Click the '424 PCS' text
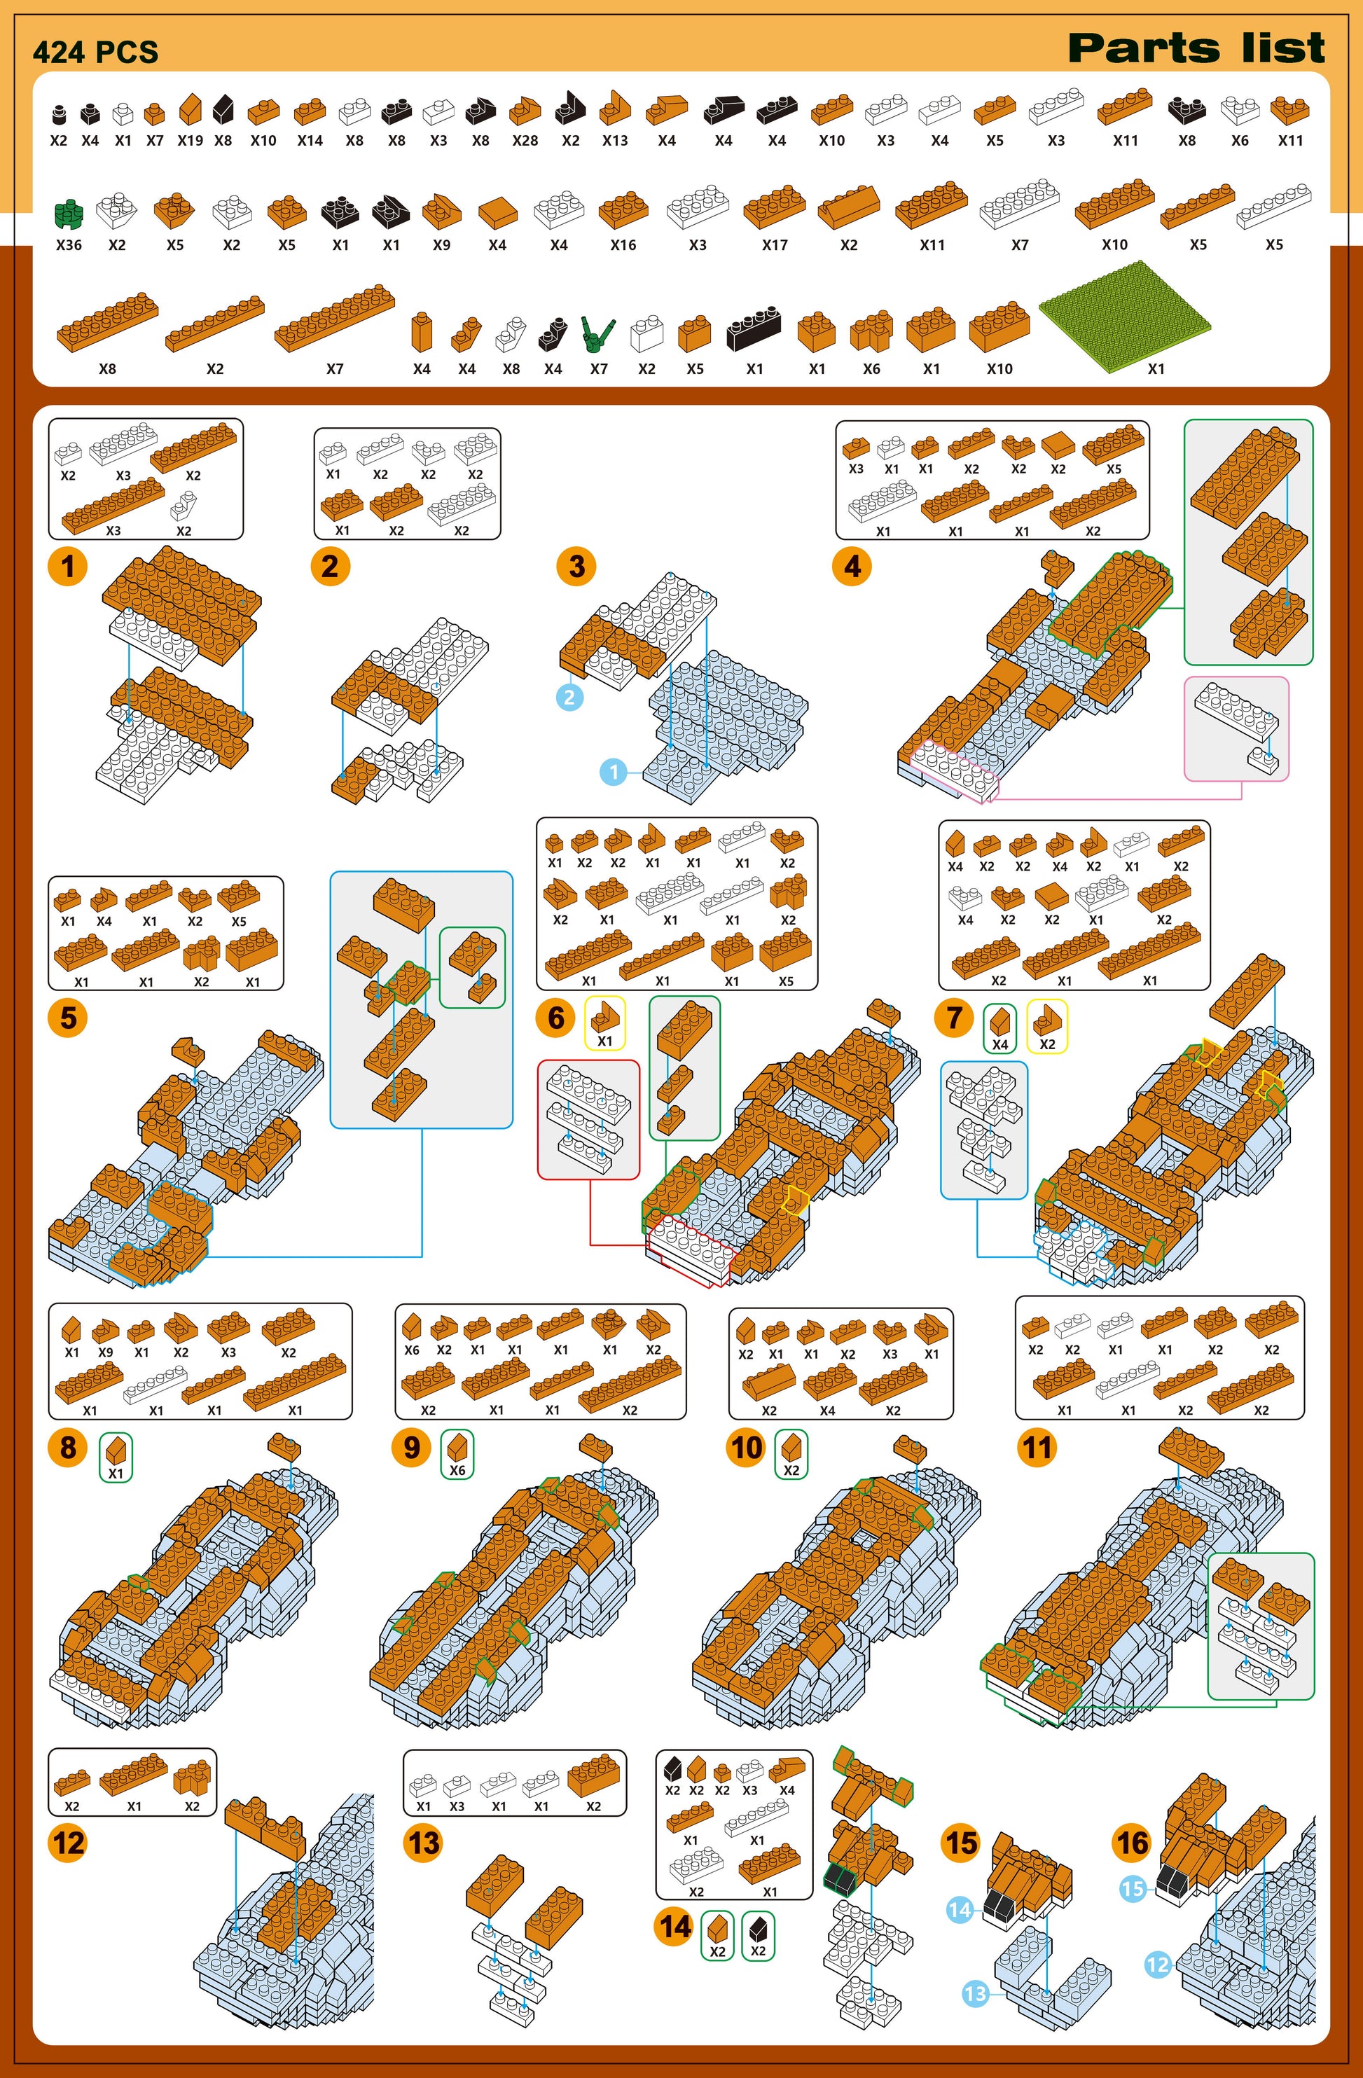pos(95,53)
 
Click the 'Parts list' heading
pos(1196,48)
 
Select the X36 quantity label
pos(69,245)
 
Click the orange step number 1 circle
pos(68,566)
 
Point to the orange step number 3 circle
pos(576,566)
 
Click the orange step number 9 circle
pos(412,1448)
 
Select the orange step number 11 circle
pos(1037,1448)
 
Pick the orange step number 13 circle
pos(424,1843)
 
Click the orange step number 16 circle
pos(1133,1843)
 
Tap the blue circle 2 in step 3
pos(569,697)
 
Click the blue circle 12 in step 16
pos(1157,1965)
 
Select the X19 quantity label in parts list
pos(191,141)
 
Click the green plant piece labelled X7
pos(597,333)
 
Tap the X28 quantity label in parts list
pos(525,141)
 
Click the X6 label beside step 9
pos(457,1470)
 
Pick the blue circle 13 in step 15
pos(974,1993)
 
